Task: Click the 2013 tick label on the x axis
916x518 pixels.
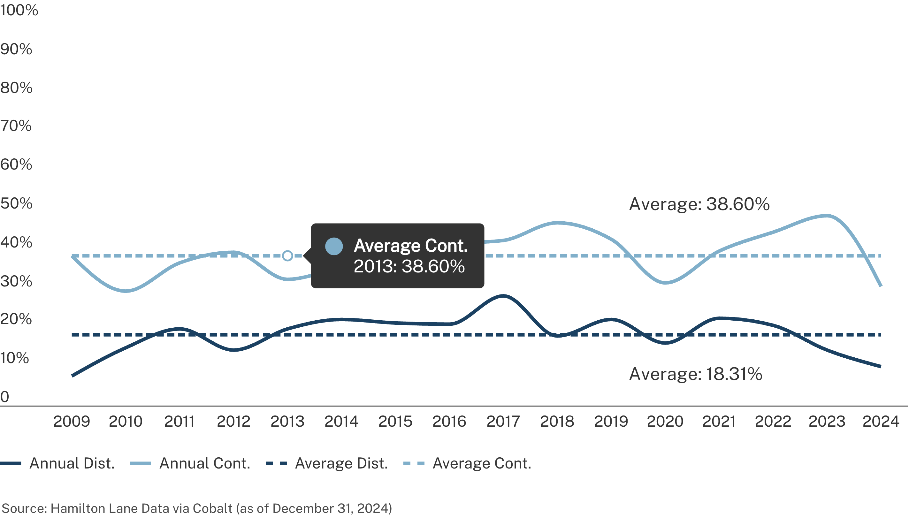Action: pyautogui.click(x=287, y=422)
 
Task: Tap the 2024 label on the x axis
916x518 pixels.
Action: pyautogui.click(x=881, y=422)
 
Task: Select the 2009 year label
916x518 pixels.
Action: pyautogui.click(x=72, y=422)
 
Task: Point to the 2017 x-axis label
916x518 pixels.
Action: pyautogui.click(x=503, y=422)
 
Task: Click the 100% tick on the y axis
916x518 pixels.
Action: pyautogui.click(x=19, y=10)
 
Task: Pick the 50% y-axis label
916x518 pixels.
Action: pyautogui.click(x=16, y=203)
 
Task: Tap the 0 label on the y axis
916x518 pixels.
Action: pyautogui.click(x=4, y=397)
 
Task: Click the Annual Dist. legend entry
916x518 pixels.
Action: pyautogui.click(x=72, y=463)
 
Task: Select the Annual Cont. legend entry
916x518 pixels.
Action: pyautogui.click(x=204, y=463)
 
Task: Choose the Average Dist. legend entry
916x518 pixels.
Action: pyautogui.click(x=341, y=463)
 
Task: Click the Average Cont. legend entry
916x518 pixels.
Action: pyautogui.click(x=481, y=463)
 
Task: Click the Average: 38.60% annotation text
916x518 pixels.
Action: pyautogui.click(x=699, y=204)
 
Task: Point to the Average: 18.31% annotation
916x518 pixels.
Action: pyautogui.click(x=695, y=374)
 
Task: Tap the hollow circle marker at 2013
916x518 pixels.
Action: pyautogui.click(x=287, y=255)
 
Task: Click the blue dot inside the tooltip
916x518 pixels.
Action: pyautogui.click(x=334, y=246)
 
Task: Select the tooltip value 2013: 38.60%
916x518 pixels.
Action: pyautogui.click(x=409, y=266)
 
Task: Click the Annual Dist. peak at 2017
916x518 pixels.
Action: pyautogui.click(x=503, y=296)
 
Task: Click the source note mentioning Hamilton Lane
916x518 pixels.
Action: pyautogui.click(x=197, y=508)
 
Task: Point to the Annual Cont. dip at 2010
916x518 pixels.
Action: pyautogui.click(x=126, y=291)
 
